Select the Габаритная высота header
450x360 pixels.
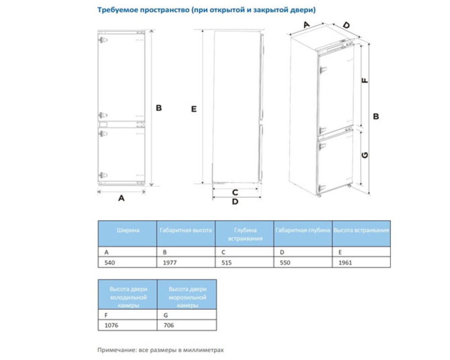[186, 230]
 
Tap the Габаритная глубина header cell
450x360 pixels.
[303, 230]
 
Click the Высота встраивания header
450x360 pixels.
[361, 230]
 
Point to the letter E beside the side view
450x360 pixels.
[194, 109]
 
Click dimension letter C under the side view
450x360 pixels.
[235, 193]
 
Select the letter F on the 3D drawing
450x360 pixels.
[365, 81]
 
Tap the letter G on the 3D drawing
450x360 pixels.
[365, 155]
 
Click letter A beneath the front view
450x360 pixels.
[121, 198]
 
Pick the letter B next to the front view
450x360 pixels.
[159, 108]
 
